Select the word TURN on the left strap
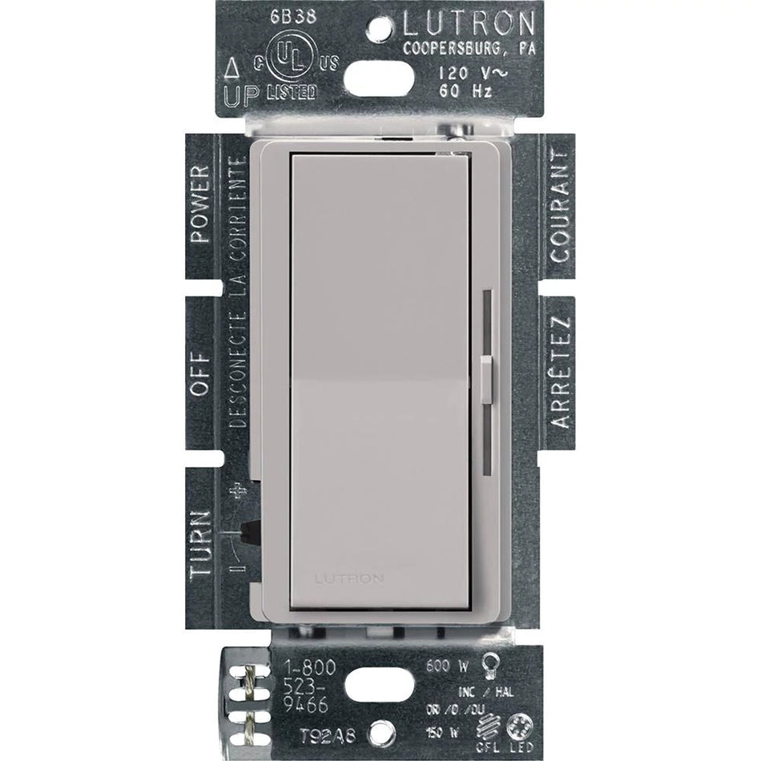(200, 545)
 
